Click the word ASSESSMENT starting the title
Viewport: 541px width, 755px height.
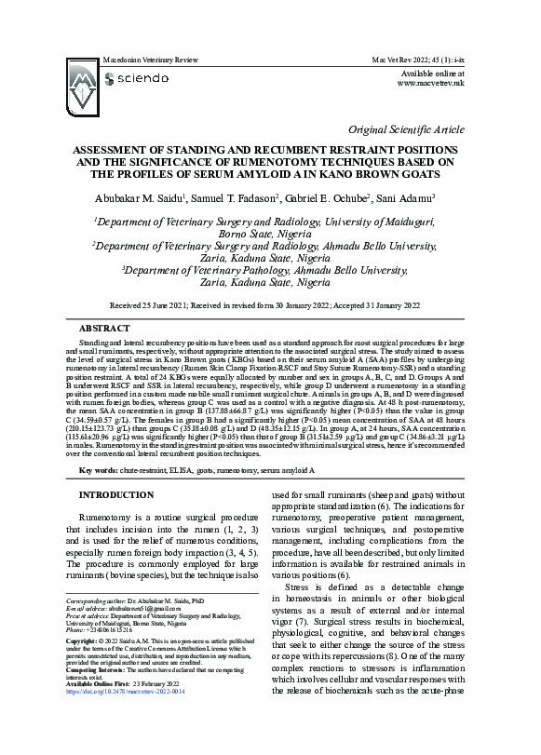coord(115,149)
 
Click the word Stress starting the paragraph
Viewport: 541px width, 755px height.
coord(299,588)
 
